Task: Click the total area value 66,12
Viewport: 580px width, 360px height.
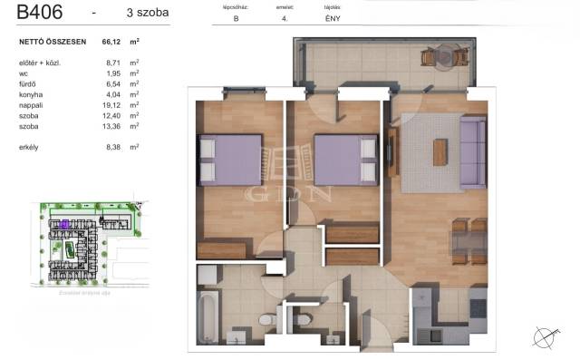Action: (113, 41)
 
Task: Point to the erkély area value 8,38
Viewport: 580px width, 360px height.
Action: (114, 145)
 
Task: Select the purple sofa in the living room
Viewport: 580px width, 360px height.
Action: (472, 145)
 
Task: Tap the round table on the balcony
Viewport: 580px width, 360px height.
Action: (429, 59)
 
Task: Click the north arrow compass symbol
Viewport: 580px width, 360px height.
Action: (546, 337)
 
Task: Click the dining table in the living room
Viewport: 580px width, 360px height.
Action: (472, 243)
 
